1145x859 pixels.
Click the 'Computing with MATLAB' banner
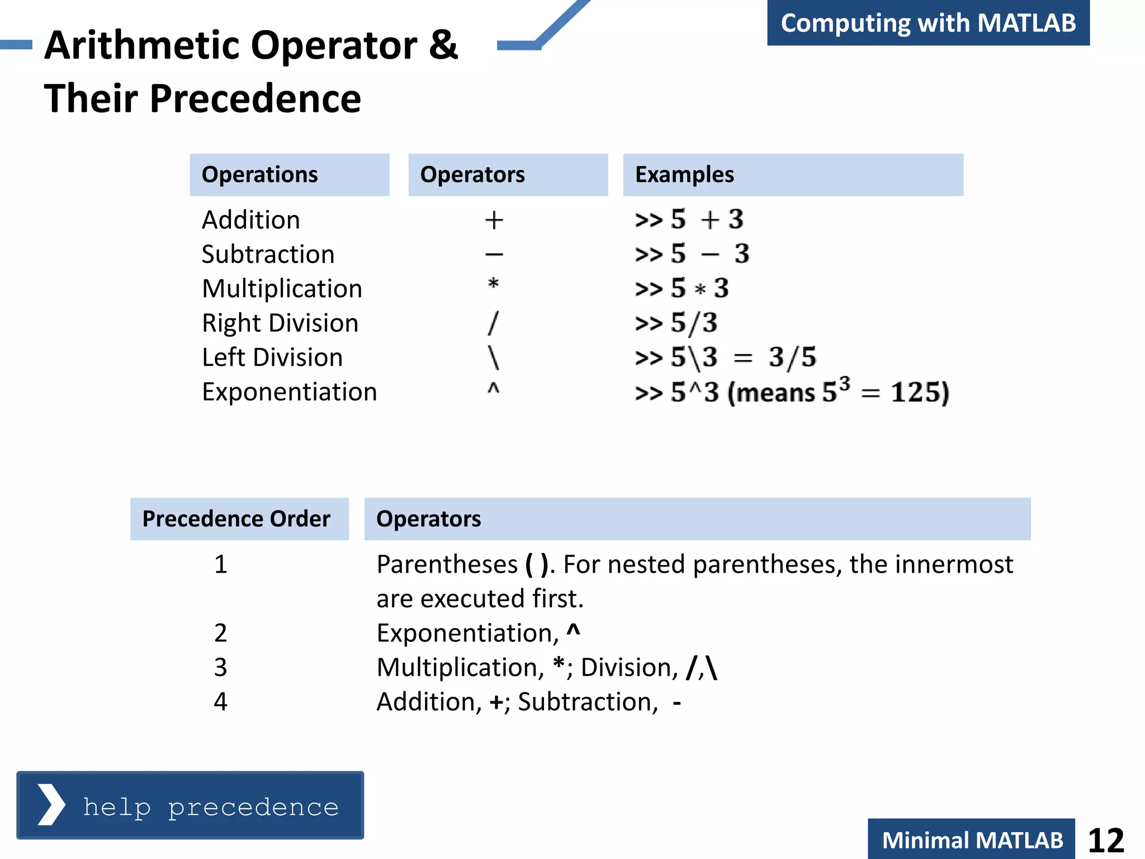point(928,23)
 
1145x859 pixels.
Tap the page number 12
point(1105,840)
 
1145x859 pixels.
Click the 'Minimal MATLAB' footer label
point(972,840)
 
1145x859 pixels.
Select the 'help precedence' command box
point(190,806)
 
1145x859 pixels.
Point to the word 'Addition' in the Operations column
point(251,220)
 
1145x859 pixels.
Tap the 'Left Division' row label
point(272,357)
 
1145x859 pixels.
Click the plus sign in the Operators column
point(494,220)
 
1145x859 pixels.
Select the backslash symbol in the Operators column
point(493,357)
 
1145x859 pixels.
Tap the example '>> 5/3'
point(676,323)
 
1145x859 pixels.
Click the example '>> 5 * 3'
point(682,289)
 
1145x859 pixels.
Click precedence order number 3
point(221,667)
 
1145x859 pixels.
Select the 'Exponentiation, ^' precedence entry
point(479,633)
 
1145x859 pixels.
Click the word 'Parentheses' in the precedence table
point(447,564)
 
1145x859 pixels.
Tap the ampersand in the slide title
point(443,45)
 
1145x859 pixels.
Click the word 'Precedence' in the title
point(255,98)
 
